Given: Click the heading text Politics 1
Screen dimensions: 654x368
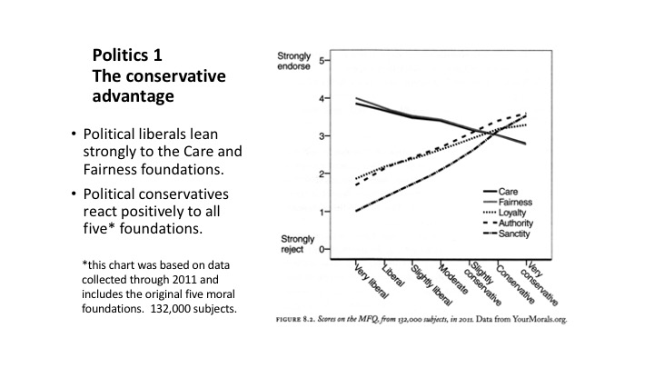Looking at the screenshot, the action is (x=127, y=55).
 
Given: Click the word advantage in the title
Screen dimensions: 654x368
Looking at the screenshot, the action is (x=133, y=96).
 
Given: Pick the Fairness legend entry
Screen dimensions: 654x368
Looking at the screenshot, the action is (x=508, y=202).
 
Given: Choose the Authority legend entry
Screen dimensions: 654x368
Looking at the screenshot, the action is (x=509, y=224).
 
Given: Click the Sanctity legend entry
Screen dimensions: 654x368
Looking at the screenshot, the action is (x=507, y=234).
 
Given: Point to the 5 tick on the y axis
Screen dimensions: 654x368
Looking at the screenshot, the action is (x=322, y=61).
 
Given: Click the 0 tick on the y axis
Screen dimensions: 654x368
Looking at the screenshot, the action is (x=322, y=250).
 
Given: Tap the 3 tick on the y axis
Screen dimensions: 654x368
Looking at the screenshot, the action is (x=322, y=136).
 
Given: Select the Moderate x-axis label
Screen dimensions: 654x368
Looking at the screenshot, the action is (x=452, y=279).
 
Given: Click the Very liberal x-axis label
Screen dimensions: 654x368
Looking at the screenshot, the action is (x=371, y=281).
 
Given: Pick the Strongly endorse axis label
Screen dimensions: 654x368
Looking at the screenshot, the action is (x=294, y=61).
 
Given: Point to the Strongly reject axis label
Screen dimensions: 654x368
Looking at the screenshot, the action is (x=297, y=244).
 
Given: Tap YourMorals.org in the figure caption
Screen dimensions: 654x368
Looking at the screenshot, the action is (x=540, y=320).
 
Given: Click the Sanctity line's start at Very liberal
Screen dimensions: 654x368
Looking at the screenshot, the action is (x=356, y=211).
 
